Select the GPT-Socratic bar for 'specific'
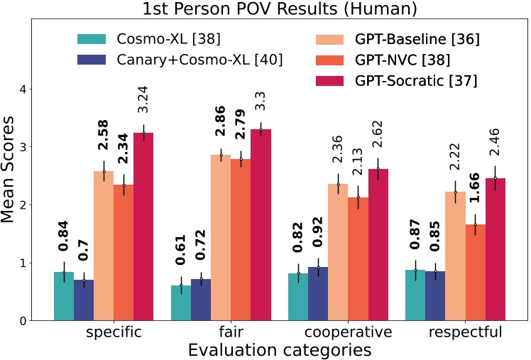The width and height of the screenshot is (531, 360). (x=143, y=227)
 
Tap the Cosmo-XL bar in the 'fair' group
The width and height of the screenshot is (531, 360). (x=181, y=302)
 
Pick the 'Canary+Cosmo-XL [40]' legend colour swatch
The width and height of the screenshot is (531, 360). (x=92, y=60)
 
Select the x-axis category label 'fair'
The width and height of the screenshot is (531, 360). (x=231, y=332)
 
